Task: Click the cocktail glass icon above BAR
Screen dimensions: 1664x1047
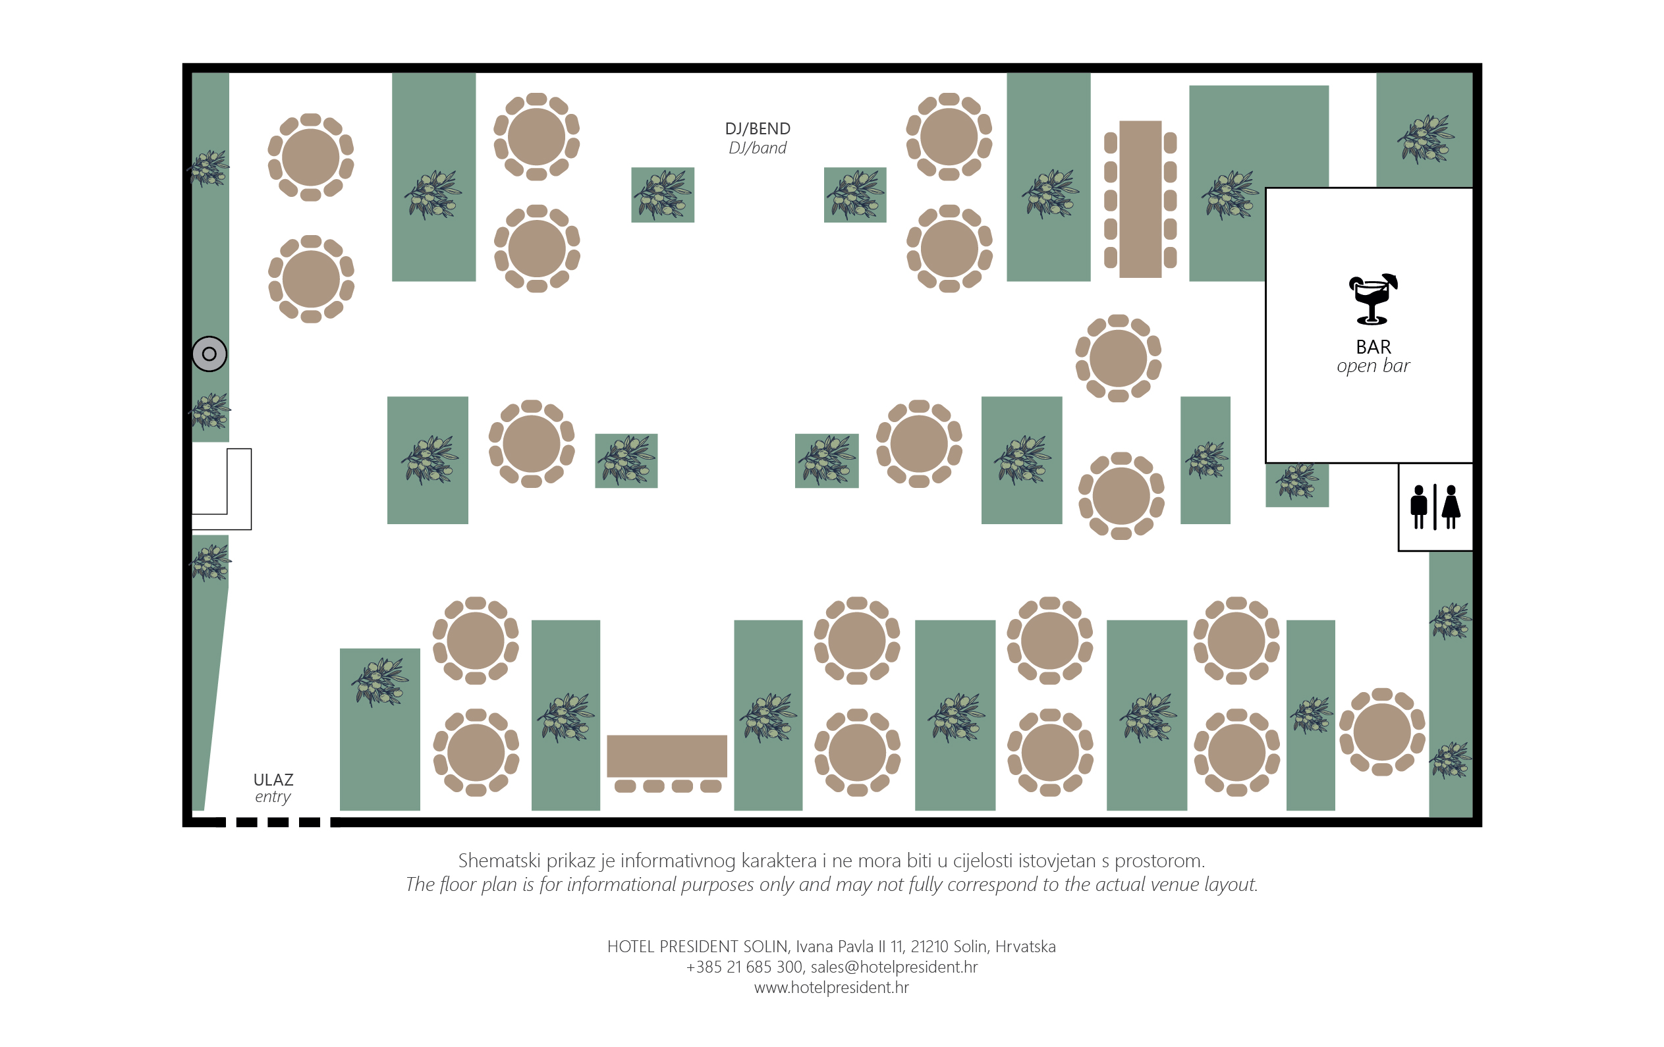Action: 1372,299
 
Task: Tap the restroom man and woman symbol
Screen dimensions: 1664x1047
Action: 1435,507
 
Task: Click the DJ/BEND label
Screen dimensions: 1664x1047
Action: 758,128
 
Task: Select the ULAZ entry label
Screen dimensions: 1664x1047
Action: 273,788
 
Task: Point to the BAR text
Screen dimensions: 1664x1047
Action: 1373,347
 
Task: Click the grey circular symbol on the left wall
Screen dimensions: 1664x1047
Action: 209,354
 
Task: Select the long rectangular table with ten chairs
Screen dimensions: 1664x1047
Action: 1140,199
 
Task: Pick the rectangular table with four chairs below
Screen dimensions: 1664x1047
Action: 667,763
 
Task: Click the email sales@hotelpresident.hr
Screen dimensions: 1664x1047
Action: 894,967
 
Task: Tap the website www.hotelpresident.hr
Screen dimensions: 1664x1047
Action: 831,988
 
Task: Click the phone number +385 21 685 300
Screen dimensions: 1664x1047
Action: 744,967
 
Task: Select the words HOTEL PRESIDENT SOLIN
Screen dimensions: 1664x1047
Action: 697,946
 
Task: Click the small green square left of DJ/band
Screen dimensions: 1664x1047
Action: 663,195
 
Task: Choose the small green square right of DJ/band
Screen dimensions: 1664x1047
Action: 855,195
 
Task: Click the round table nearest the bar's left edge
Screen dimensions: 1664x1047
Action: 1118,358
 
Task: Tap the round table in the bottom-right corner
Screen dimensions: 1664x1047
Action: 1382,732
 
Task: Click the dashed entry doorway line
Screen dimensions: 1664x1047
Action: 278,822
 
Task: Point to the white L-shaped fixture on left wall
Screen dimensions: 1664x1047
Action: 222,489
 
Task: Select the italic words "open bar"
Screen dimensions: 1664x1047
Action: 1373,366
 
